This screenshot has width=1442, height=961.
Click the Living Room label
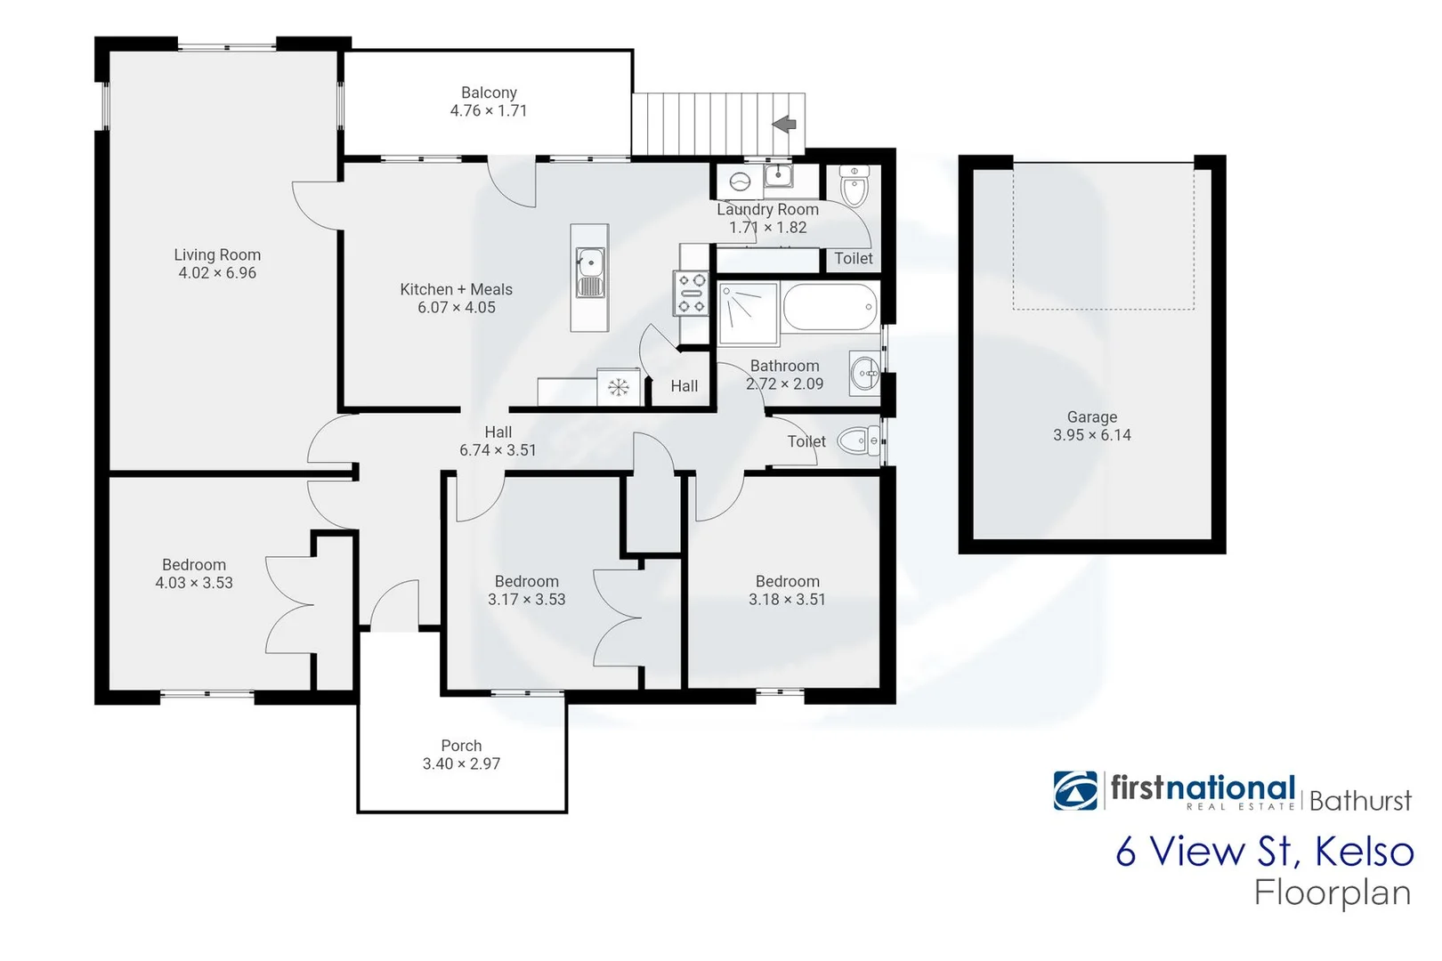(x=217, y=254)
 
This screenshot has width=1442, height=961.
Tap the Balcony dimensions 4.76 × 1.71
(x=488, y=111)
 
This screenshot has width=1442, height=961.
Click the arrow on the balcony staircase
(x=784, y=124)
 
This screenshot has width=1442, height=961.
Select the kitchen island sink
(x=589, y=262)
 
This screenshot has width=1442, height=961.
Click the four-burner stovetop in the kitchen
(x=691, y=293)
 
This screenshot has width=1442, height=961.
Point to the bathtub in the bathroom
(x=830, y=306)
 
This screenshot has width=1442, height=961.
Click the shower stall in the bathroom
(x=748, y=313)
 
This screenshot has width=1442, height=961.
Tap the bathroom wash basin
(x=863, y=373)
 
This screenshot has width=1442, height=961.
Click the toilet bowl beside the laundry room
(x=855, y=188)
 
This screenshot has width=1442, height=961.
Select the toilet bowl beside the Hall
(x=856, y=440)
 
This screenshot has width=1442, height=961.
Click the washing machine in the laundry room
(x=741, y=182)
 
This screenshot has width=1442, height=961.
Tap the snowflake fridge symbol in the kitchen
(x=619, y=387)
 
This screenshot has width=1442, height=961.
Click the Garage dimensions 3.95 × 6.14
(x=1091, y=435)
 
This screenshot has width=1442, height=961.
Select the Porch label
(x=461, y=746)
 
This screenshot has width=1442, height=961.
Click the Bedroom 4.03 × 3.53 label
(x=194, y=565)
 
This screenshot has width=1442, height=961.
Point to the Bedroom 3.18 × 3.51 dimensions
(x=787, y=600)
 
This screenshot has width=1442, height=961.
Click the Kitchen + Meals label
(x=456, y=289)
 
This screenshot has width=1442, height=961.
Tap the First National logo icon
(x=1075, y=790)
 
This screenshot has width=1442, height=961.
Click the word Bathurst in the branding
(x=1359, y=801)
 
